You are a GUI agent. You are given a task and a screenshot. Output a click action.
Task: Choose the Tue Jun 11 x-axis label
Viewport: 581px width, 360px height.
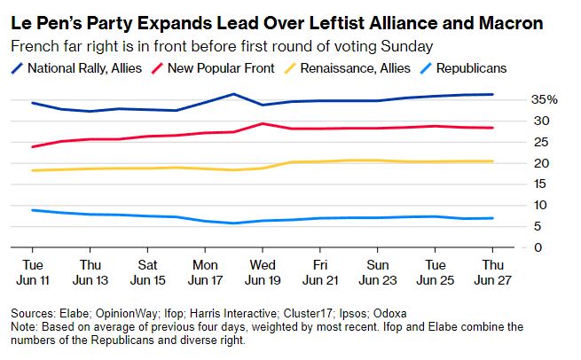click(32, 271)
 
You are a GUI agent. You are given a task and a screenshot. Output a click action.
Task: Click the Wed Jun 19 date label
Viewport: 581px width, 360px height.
click(262, 271)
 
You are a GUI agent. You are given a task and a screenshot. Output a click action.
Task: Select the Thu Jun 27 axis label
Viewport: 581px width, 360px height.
click(492, 271)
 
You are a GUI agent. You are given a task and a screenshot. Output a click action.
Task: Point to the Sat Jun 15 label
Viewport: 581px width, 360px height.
click(147, 271)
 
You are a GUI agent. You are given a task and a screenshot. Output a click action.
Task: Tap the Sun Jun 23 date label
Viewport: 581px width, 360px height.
click(377, 271)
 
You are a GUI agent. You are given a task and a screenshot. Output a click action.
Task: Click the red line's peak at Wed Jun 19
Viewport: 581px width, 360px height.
click(262, 124)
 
